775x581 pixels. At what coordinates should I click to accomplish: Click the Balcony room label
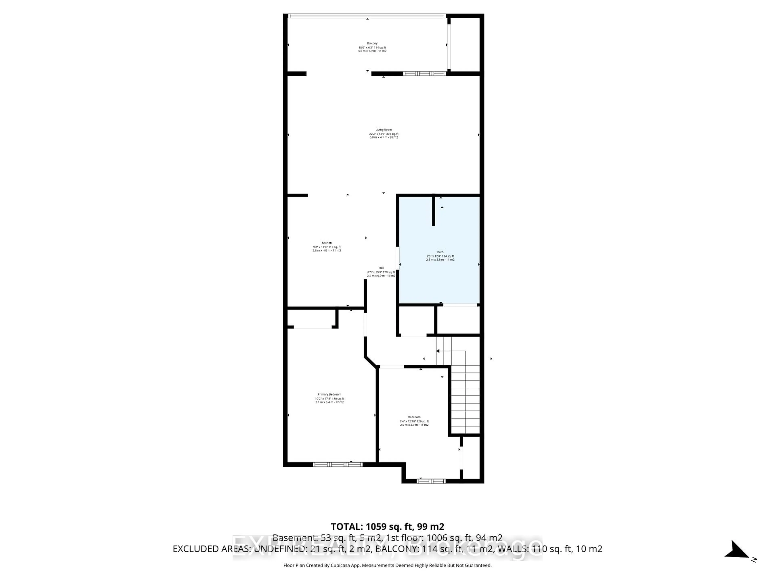coord(372,43)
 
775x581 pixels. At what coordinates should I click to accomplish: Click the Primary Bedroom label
coord(329,395)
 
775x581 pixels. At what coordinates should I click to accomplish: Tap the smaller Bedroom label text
coord(414,417)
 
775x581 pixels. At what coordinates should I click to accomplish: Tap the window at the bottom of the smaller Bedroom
coord(431,481)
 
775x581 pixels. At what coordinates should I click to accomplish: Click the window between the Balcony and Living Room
coord(424,74)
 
